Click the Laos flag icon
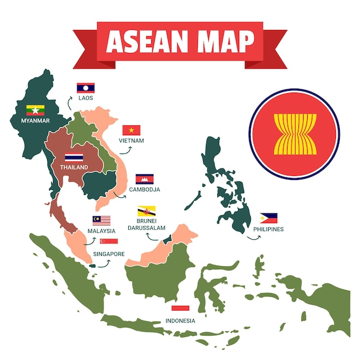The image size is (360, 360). (86, 88)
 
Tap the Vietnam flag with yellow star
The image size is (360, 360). (131, 130)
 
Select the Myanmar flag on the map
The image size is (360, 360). (35, 110)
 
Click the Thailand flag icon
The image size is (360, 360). (74, 157)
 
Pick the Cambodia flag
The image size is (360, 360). (144, 179)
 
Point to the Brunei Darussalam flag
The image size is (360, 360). (146, 211)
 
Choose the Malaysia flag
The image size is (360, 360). (101, 220)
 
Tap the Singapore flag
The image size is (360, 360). (109, 242)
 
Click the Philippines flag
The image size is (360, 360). (268, 218)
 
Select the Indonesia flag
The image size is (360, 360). (180, 309)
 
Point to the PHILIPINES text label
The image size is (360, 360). (269, 229)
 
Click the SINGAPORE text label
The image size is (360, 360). (109, 254)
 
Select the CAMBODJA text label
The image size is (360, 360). (144, 189)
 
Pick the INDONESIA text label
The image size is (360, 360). (180, 320)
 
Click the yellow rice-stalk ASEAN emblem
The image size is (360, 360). (294, 134)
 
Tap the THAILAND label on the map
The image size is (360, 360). (74, 167)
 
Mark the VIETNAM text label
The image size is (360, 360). (131, 140)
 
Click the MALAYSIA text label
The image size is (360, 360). (101, 231)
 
